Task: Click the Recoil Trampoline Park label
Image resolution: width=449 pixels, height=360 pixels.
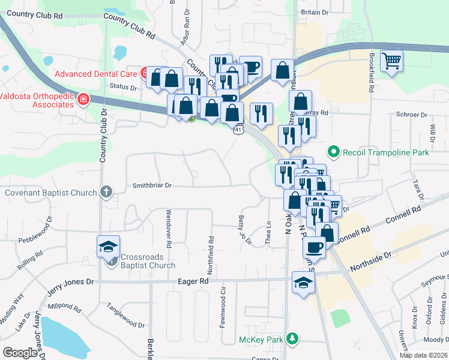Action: pyautogui.click(x=385, y=152)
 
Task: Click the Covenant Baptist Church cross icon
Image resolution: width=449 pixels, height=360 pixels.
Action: pyautogui.click(x=106, y=193)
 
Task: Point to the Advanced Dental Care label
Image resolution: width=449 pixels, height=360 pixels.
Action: pyautogui.click(x=96, y=74)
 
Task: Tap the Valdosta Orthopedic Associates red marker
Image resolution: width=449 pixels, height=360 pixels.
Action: pyautogui.click(x=83, y=100)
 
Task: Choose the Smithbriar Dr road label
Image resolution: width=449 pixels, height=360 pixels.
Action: pyautogui.click(x=151, y=186)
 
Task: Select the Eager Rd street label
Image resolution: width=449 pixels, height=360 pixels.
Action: pyautogui.click(x=196, y=280)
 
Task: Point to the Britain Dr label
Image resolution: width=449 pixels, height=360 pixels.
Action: pyautogui.click(x=315, y=12)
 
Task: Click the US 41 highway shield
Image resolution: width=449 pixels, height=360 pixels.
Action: pyautogui.click(x=239, y=129)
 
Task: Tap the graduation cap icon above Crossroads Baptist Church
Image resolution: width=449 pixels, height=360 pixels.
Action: pyautogui.click(x=109, y=247)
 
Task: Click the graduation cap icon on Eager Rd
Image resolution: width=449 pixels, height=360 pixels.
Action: pyautogui.click(x=303, y=282)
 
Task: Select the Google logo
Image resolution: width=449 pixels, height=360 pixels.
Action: pyautogui.click(x=20, y=353)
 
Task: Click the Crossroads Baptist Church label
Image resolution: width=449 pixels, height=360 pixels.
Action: pyautogui.click(x=148, y=261)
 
